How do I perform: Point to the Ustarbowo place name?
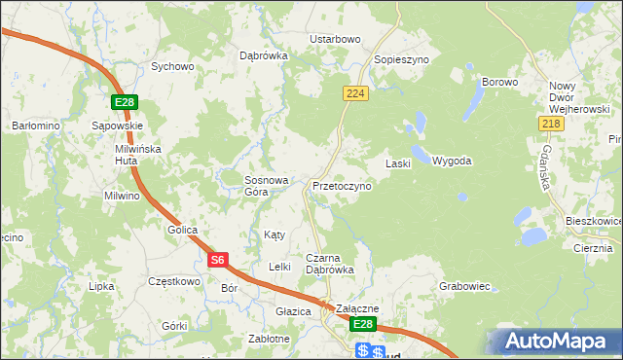[335, 39]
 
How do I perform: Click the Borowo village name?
[499, 82]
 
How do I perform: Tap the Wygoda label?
[452, 161]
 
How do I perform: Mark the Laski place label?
[399, 163]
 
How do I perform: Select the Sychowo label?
[172, 67]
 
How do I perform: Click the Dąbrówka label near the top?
[264, 55]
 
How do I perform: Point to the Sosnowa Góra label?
[267, 186]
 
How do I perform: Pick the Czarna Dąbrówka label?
[329, 264]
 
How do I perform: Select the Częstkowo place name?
[173, 281]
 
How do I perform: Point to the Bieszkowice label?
[593, 222]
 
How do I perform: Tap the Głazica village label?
[292, 311]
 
